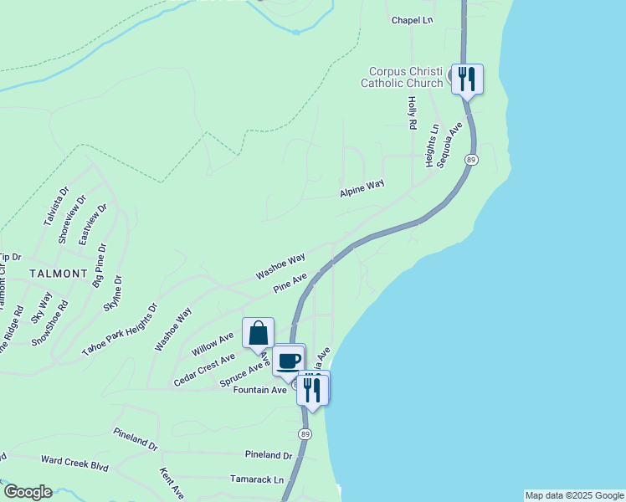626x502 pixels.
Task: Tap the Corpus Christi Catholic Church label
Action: (x=402, y=78)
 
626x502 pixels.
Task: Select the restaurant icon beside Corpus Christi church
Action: (x=467, y=79)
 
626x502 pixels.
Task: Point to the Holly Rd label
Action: (x=412, y=113)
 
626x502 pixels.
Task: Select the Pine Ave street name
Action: (x=290, y=283)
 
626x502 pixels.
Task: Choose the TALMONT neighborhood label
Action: (x=59, y=274)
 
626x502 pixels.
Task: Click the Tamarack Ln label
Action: (x=257, y=479)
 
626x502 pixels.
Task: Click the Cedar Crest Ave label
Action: (x=204, y=370)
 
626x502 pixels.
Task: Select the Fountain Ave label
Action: (x=259, y=390)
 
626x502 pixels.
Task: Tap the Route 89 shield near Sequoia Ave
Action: (x=472, y=160)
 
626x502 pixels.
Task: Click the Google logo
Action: (x=28, y=492)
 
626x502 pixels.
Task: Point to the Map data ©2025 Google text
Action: (x=573, y=495)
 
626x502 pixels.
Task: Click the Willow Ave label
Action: (x=213, y=342)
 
